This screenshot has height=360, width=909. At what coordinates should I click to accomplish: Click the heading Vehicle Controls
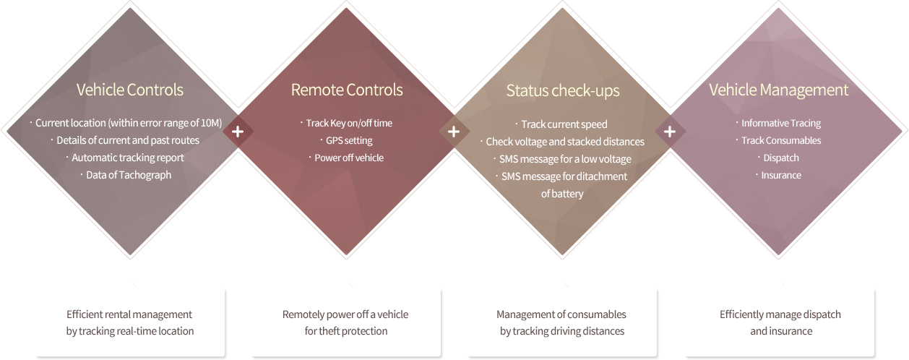(130, 90)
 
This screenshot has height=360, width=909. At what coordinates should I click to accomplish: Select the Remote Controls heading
(347, 90)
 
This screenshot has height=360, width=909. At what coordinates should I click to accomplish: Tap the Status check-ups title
(563, 90)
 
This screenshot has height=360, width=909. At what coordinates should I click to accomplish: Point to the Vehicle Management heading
(779, 90)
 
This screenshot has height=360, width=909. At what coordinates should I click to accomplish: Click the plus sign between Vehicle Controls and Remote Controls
(238, 132)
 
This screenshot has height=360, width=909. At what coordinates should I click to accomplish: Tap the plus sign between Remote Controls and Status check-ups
(454, 132)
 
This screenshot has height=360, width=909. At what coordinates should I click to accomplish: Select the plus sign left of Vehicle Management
(670, 132)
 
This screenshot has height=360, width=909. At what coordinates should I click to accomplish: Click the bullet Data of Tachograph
(129, 175)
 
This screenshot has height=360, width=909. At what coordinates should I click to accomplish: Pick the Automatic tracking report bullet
(128, 158)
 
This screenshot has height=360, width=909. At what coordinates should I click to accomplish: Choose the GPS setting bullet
(349, 140)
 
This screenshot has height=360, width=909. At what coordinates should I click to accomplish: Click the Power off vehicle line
(349, 158)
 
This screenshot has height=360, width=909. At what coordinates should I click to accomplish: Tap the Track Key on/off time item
(349, 123)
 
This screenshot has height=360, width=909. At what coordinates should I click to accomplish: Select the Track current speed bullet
(564, 124)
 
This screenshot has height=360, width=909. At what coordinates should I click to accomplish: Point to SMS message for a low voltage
(565, 159)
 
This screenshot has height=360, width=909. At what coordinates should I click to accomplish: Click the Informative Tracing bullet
(781, 123)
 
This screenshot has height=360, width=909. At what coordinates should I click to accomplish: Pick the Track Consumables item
(781, 140)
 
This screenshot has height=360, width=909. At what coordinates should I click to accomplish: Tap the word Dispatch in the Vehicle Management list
(781, 158)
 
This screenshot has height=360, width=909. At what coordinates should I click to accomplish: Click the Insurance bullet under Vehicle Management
(781, 175)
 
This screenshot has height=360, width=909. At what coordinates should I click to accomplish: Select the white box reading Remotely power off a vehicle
(345, 322)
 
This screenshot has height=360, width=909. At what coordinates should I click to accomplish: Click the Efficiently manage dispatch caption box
(780, 322)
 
